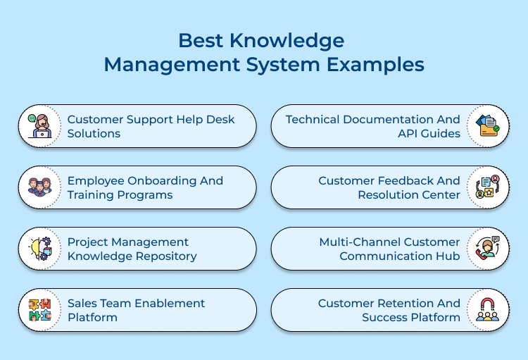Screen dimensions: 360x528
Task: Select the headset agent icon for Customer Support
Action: tap(40, 126)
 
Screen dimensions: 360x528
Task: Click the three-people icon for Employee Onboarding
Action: tap(40, 187)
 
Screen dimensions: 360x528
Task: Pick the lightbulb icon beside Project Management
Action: tap(40, 249)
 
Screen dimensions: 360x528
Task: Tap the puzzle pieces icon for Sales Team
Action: tap(40, 310)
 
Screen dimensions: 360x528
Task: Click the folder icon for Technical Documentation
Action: tap(487, 126)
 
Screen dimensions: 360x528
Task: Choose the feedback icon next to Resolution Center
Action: tap(487, 187)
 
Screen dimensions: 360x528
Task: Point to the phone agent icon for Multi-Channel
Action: tap(487, 249)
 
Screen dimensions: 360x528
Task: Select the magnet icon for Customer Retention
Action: tap(487, 310)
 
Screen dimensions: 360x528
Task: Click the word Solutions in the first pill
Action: tap(94, 134)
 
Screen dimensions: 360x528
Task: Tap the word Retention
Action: tap(404, 303)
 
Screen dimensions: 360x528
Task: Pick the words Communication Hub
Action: tap(400, 256)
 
